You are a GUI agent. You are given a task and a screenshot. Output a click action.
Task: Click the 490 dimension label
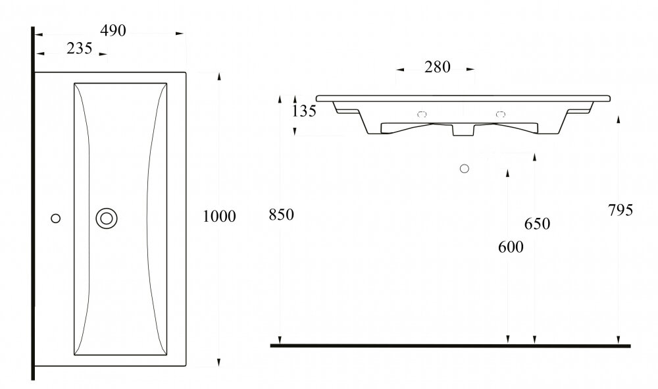coord(113,31)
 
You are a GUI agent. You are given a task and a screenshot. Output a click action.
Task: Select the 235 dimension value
coord(80,49)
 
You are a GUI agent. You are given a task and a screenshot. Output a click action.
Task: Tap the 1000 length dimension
coord(219,217)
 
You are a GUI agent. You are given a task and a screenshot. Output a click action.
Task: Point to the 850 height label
coord(282,215)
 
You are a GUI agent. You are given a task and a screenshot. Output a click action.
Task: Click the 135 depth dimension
coord(304,111)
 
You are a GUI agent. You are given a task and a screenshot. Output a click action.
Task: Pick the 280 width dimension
coord(438,67)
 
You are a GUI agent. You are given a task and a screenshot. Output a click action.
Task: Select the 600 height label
coord(511,247)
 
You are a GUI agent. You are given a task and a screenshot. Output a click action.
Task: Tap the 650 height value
coord(537,224)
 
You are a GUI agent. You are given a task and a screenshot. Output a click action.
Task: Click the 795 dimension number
coord(620,210)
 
